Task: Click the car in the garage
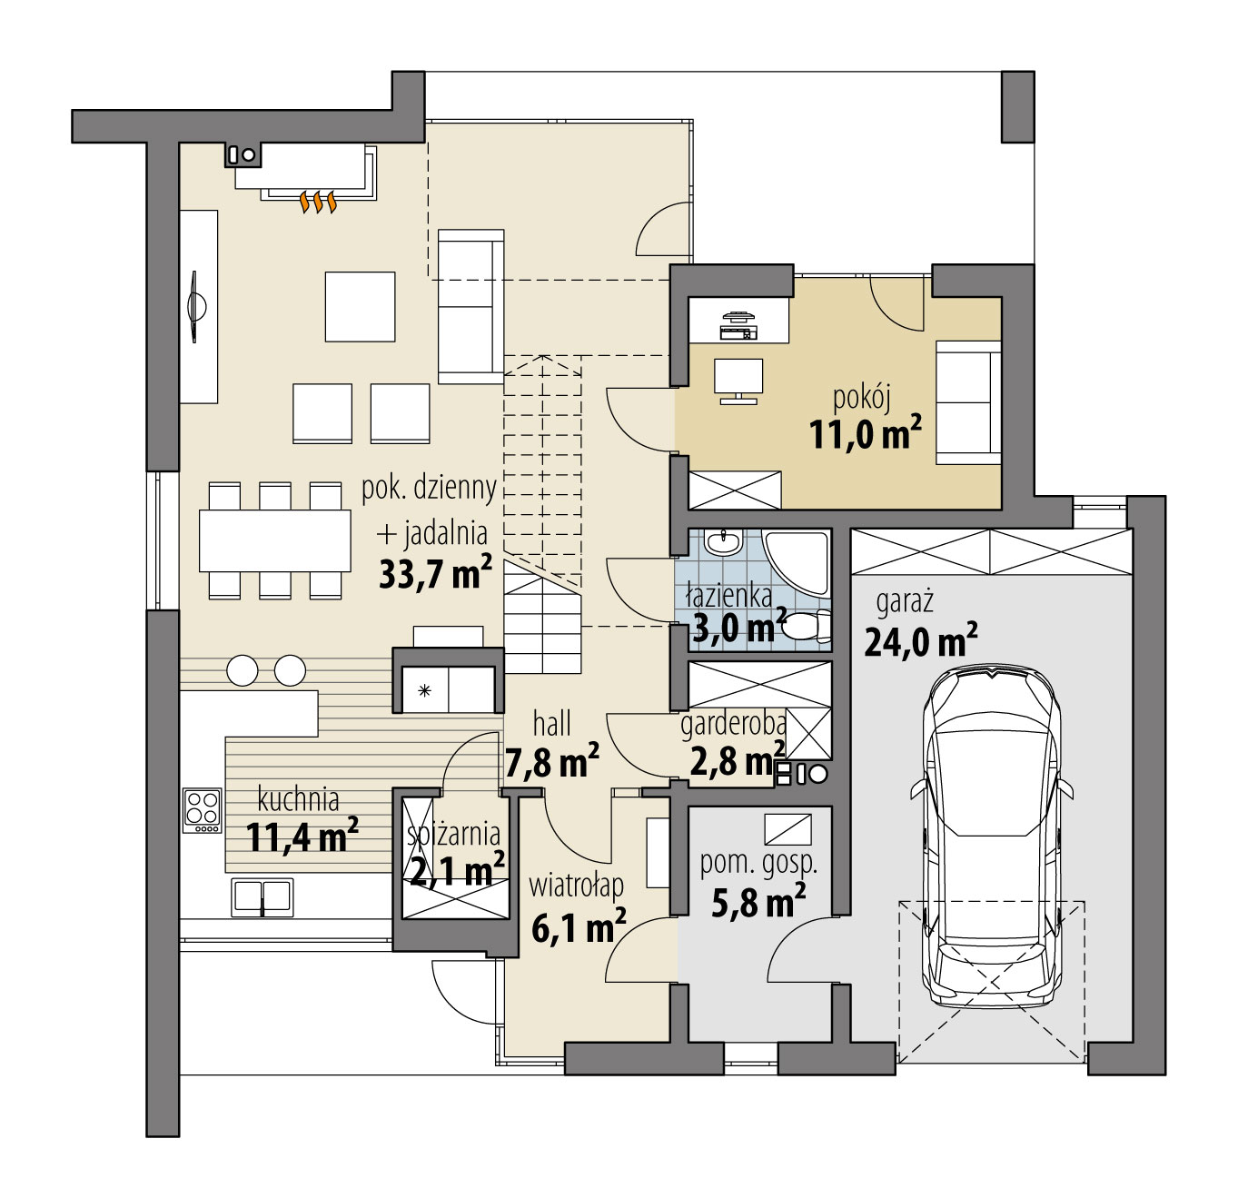992,836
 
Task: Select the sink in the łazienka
724,544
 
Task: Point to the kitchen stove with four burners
203,809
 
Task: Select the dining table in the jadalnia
275,540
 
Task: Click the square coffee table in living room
360,307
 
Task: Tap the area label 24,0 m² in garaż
920,642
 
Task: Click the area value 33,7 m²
435,573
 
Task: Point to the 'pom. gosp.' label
758,863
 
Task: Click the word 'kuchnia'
298,799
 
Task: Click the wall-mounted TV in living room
196,306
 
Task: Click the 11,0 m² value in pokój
865,435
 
